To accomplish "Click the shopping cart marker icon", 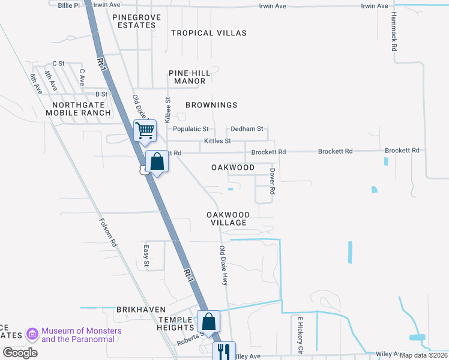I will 145,130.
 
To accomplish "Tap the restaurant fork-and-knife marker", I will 224,351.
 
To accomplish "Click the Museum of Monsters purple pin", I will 32,334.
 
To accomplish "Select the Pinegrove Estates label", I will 137,22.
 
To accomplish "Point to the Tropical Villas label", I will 209,33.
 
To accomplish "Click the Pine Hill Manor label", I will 190,77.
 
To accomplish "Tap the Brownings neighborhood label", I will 211,105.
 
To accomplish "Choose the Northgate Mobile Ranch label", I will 78,108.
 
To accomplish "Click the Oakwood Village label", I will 228,218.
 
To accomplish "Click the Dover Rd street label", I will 272,181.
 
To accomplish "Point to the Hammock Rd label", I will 394,31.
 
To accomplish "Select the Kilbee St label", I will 168,111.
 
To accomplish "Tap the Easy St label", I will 146,256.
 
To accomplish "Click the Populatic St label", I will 190,129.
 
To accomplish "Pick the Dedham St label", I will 247,129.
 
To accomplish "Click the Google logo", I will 20,352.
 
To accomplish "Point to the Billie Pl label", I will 68,5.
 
